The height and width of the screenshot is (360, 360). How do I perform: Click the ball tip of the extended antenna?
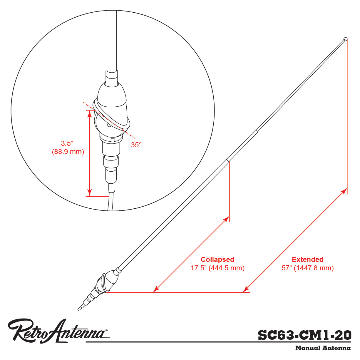[x=345, y=39]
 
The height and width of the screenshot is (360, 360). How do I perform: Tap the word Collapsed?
[x=217, y=259]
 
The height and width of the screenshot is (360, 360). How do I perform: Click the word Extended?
[x=308, y=259]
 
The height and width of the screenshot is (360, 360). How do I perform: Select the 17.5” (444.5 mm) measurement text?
[x=217, y=268]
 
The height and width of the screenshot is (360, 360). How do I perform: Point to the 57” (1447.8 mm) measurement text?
[x=308, y=268]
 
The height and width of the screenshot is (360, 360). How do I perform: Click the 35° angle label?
[x=136, y=145]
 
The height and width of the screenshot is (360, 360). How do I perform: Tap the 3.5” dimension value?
[x=67, y=143]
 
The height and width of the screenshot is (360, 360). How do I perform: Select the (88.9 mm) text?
[x=68, y=152]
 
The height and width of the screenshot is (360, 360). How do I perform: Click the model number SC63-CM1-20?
[x=304, y=335]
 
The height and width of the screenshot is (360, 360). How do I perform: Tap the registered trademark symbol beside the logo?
[x=106, y=330]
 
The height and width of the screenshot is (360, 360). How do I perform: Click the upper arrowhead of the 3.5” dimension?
[x=90, y=113]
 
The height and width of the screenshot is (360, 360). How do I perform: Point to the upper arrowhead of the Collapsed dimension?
[x=226, y=219]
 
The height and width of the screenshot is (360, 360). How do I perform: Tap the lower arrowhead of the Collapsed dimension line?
[x=156, y=289]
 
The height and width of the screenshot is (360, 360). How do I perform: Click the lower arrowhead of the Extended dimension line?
[x=246, y=289]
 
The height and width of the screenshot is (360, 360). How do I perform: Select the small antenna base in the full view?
[x=107, y=283]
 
